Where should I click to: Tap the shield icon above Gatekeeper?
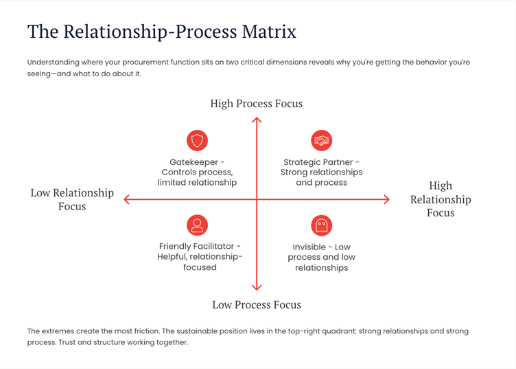198,141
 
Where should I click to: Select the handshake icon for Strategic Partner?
321,141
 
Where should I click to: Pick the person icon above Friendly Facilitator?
198,225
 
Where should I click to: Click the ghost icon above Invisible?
321,225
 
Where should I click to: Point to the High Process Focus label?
256,104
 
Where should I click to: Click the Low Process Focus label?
256,304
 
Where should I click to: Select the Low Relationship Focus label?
72,199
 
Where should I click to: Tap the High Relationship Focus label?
441,199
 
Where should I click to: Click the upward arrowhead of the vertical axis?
257,120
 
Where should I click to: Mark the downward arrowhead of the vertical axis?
257,287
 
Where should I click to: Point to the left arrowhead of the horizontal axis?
126,200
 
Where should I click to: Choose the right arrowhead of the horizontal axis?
387,200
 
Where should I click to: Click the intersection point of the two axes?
257,200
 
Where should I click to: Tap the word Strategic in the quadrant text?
302,162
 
